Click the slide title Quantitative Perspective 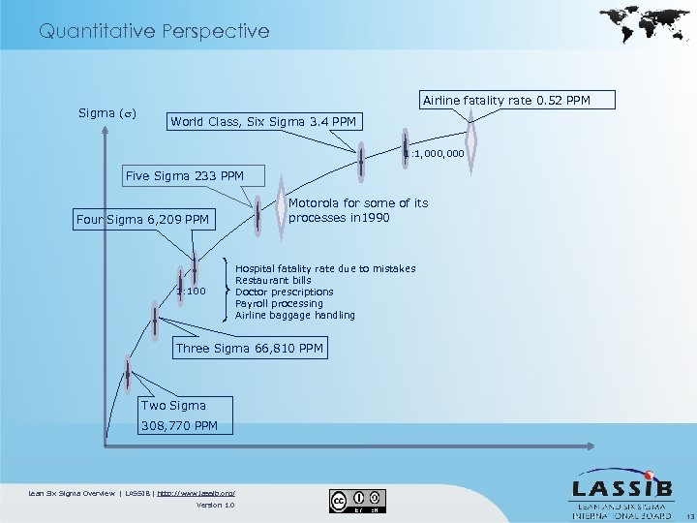coord(154,31)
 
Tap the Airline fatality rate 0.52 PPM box coord(504,101)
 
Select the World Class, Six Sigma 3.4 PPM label coord(263,122)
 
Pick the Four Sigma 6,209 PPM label coord(143,220)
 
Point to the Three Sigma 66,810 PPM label coord(249,348)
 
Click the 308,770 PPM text coord(179,425)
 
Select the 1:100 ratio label coord(192,291)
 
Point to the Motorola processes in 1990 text coord(358,210)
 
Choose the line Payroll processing coord(279,303)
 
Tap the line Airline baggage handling coord(294,315)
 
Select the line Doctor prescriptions coord(284,292)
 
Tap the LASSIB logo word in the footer coord(617,488)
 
